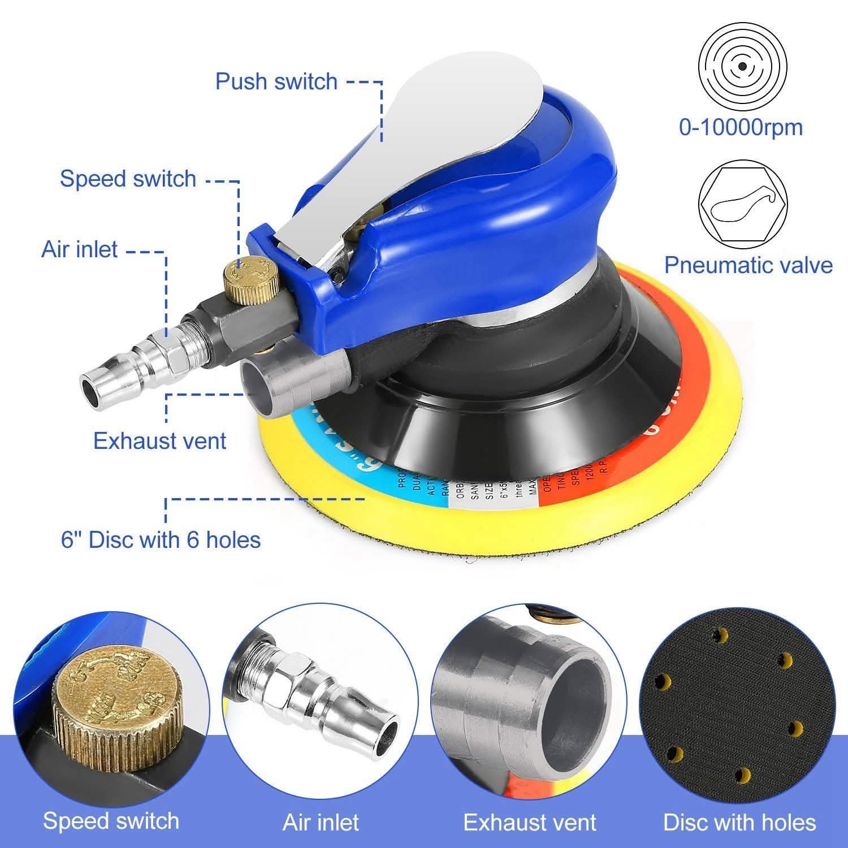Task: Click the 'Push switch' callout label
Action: [x=276, y=81]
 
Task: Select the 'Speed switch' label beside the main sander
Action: [x=128, y=179]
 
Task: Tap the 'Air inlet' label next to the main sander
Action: [x=80, y=249]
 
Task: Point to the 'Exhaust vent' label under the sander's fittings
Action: [x=159, y=441]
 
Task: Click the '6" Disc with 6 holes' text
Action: [x=161, y=540]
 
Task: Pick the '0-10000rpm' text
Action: [x=741, y=127]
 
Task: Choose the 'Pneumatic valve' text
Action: [x=748, y=265]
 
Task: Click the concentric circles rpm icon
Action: [x=741, y=67]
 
